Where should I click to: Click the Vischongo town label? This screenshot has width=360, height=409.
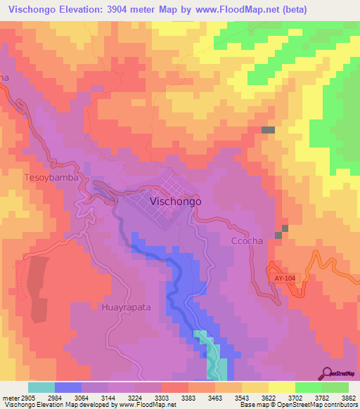click(176, 201)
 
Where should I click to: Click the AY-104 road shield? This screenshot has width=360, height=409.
click(285, 279)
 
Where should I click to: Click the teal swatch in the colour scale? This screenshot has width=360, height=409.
click(41, 387)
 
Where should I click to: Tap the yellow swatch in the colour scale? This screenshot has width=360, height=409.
click(281, 387)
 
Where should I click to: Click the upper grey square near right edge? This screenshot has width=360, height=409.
click(268, 130)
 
